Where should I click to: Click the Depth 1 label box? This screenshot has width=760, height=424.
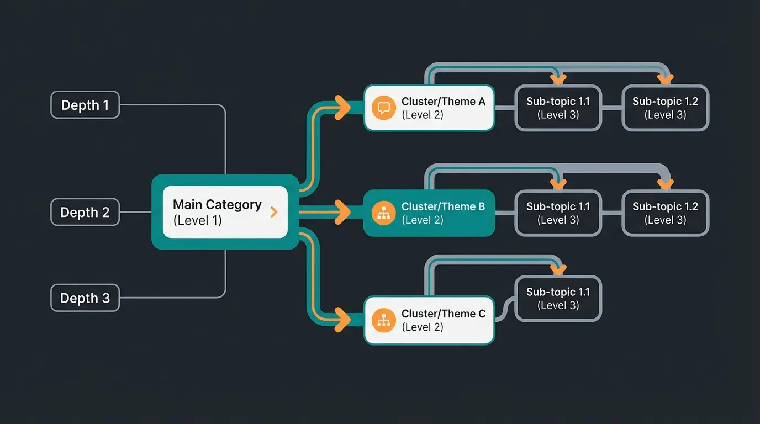pyautogui.click(x=85, y=105)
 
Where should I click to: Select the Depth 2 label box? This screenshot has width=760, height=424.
pyautogui.click(x=85, y=213)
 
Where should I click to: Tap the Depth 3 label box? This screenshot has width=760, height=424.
pyautogui.click(x=85, y=298)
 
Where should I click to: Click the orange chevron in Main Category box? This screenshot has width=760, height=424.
pyautogui.click(x=273, y=212)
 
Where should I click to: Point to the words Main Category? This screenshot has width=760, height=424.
pyautogui.click(x=217, y=205)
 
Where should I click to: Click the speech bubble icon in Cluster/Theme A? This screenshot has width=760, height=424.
pyautogui.click(x=383, y=108)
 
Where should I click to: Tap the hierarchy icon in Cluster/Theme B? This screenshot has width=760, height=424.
pyautogui.click(x=383, y=213)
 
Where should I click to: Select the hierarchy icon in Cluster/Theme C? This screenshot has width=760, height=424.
pyautogui.click(x=383, y=320)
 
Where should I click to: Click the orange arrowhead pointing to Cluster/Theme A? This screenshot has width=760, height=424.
pyautogui.click(x=342, y=107)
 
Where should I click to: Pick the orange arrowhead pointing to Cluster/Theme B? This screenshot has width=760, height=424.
pyautogui.click(x=342, y=213)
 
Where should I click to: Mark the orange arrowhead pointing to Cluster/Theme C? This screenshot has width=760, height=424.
pyautogui.click(x=342, y=319)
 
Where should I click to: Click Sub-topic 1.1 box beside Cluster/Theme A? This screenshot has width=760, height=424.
pyautogui.click(x=558, y=108)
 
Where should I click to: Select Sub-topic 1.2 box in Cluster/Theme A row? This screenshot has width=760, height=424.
pyautogui.click(x=665, y=108)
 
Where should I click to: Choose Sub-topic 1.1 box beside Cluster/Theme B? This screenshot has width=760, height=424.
pyautogui.click(x=558, y=213)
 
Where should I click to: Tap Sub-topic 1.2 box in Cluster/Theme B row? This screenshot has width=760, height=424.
pyautogui.click(x=665, y=213)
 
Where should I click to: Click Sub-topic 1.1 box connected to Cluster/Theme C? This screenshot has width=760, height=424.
pyautogui.click(x=558, y=299)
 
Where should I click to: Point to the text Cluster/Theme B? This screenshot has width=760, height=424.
pyautogui.click(x=443, y=206)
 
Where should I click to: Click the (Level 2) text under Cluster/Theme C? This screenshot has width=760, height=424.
pyautogui.click(x=423, y=327)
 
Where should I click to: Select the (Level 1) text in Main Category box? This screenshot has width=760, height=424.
pyautogui.click(x=197, y=220)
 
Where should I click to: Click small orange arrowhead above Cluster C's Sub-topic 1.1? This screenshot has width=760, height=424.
pyautogui.click(x=559, y=271)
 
